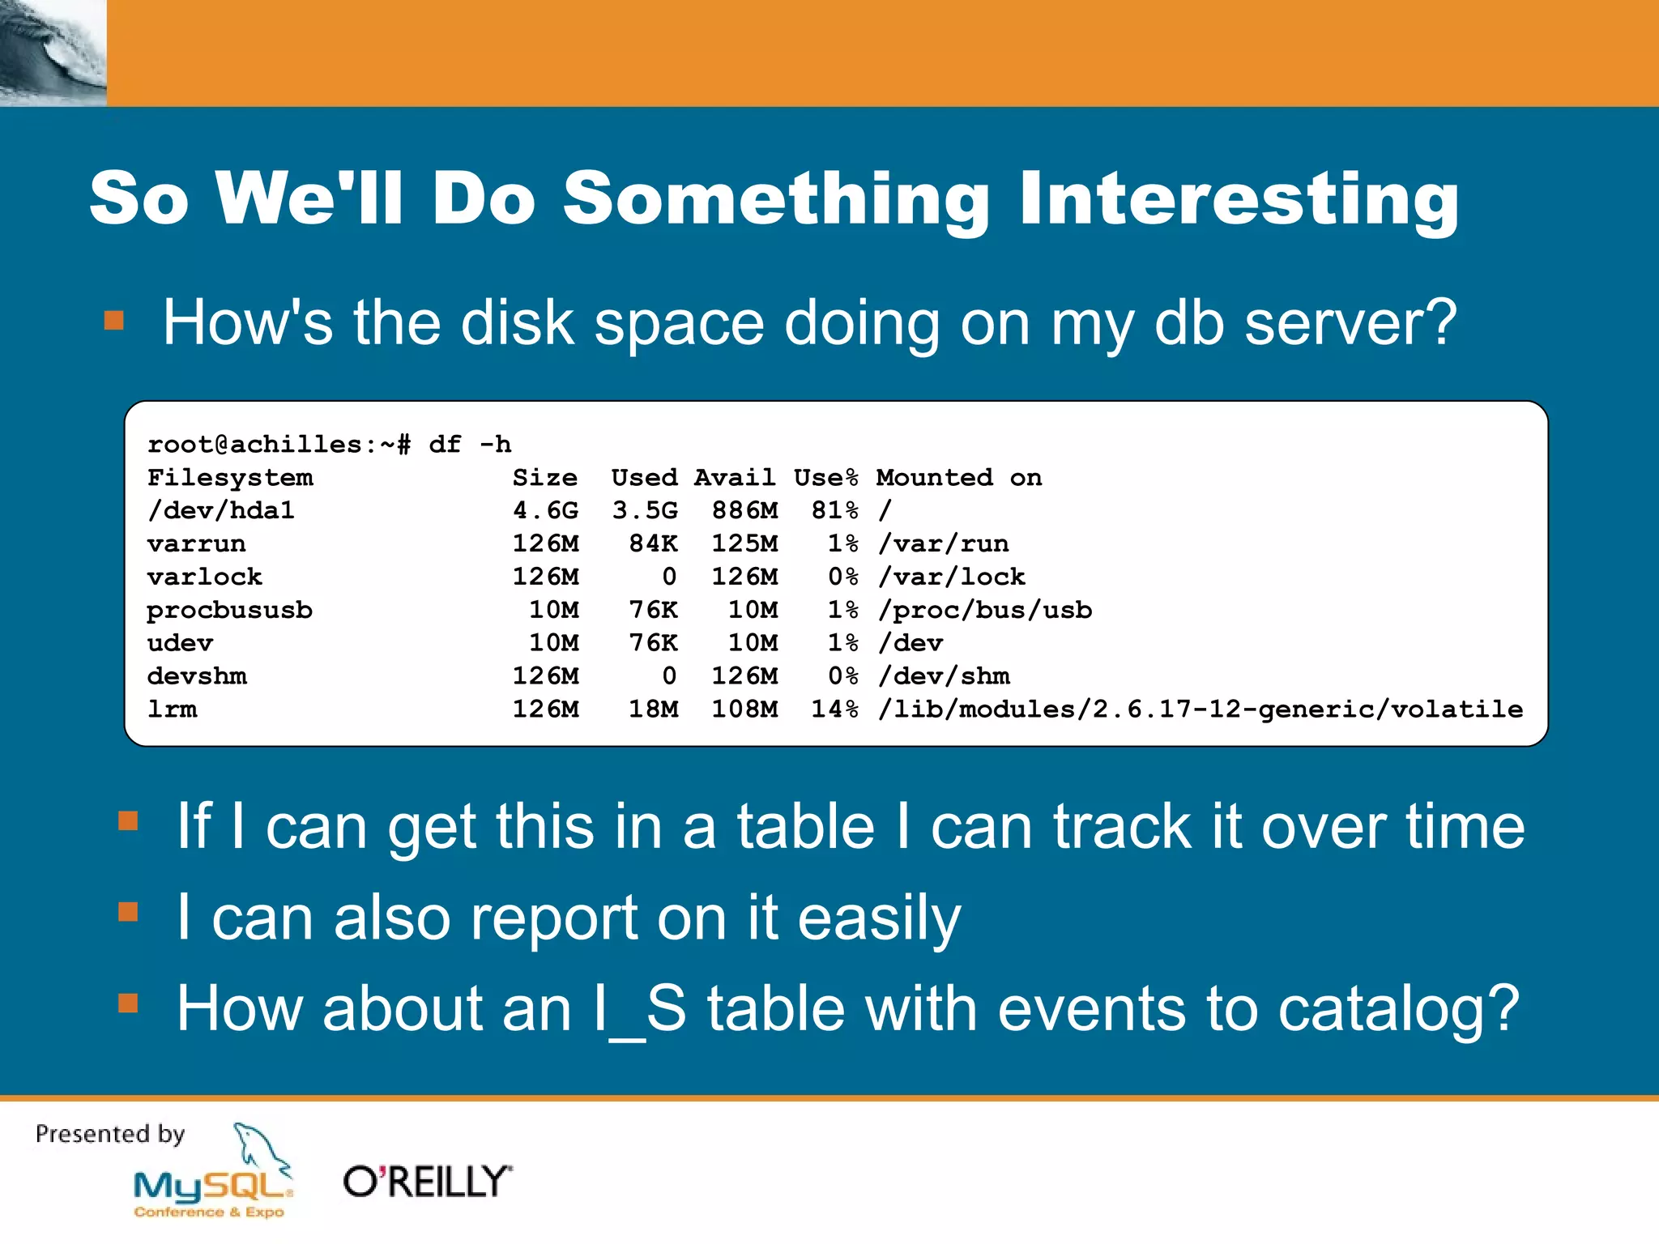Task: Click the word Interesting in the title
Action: click(x=1239, y=198)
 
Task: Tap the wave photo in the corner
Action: click(x=53, y=53)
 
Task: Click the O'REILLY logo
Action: click(x=428, y=1182)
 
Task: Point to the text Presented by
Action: click(x=110, y=1134)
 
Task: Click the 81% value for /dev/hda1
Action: click(x=834, y=510)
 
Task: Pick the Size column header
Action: click(x=545, y=478)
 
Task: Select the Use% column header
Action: click(x=825, y=478)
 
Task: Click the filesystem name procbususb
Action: click(x=229, y=610)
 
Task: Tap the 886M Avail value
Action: click(x=744, y=510)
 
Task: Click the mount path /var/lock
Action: click(x=952, y=577)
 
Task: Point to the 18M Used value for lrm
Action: click(x=654, y=709)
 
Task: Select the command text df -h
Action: click(x=470, y=445)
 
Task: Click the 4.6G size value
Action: click(x=545, y=510)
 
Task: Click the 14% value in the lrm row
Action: click(x=834, y=709)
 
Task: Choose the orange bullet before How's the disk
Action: click(x=114, y=321)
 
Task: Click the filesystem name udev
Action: click(x=180, y=643)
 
